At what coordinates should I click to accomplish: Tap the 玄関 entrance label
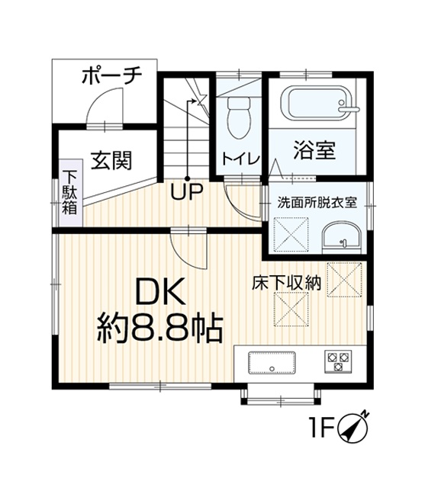(x=111, y=160)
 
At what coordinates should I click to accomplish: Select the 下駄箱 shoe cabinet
(x=71, y=192)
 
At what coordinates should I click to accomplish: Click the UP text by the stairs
(x=187, y=191)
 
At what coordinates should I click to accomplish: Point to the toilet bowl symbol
(x=239, y=117)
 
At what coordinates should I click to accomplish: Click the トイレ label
(x=241, y=159)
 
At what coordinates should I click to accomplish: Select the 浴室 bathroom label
(x=314, y=150)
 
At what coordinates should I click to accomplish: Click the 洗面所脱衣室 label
(x=317, y=203)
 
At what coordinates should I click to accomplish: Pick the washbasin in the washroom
(x=342, y=238)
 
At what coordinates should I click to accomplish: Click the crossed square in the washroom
(x=291, y=235)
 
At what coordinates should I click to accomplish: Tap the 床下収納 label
(x=286, y=283)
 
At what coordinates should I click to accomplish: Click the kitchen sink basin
(x=272, y=363)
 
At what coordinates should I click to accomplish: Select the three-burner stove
(x=338, y=361)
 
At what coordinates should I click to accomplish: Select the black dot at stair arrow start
(x=188, y=178)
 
